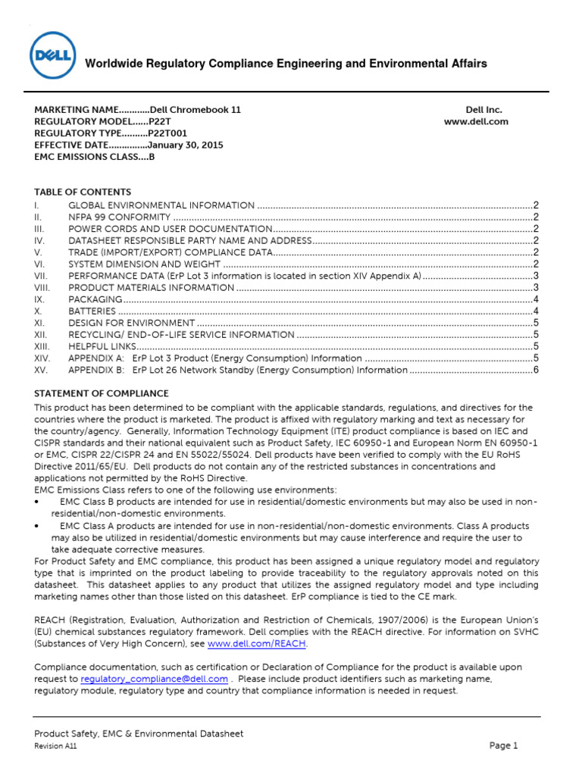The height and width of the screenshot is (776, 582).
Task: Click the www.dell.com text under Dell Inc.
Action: [476, 121]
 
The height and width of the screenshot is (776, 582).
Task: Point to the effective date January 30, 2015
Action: [185, 145]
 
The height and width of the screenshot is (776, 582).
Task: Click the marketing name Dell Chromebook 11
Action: [196, 110]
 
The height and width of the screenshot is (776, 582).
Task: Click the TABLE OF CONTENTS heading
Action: [83, 192]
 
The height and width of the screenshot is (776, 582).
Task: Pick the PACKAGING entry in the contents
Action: [94, 299]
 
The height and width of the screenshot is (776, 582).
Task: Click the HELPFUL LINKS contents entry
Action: [101, 346]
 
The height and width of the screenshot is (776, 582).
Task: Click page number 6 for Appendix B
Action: [535, 371]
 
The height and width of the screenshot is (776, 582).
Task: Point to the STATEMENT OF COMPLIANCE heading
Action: [102, 394]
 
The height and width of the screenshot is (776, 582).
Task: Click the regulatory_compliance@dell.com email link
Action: [143, 679]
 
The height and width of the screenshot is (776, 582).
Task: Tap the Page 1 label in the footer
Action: [503, 746]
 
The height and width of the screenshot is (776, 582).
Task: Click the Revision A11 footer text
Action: [55, 746]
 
